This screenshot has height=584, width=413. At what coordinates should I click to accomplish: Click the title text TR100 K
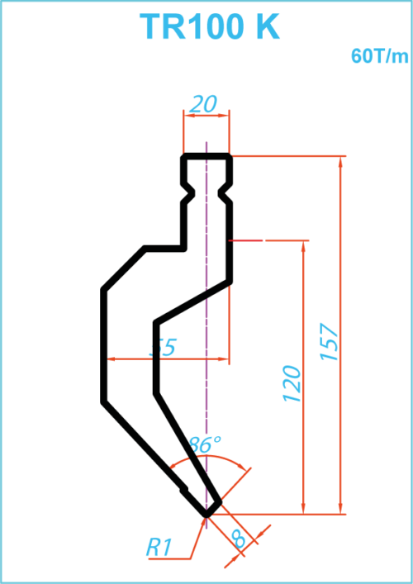(210, 26)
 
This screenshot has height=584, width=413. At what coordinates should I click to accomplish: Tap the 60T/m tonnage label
(379, 57)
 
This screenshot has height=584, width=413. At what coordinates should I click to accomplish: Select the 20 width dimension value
(202, 105)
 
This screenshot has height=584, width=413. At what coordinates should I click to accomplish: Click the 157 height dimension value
(330, 342)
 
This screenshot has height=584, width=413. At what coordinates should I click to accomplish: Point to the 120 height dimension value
(292, 384)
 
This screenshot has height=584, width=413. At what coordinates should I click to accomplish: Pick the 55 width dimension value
(163, 348)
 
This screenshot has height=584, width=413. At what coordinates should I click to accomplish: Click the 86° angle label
(204, 444)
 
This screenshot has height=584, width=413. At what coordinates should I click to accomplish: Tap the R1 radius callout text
(159, 548)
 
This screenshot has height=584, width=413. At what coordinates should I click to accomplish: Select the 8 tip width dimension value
(239, 539)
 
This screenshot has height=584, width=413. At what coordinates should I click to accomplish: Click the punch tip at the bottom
(206, 514)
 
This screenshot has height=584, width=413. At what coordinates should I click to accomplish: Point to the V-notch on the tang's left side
(188, 193)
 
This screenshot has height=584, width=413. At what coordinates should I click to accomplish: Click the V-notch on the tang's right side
(225, 193)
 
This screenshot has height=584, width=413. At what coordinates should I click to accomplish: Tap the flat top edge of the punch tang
(206, 156)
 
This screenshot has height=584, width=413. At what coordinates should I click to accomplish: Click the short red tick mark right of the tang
(245, 240)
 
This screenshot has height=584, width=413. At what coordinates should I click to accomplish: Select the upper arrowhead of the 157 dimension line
(340, 163)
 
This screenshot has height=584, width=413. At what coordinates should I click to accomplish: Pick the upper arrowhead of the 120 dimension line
(303, 247)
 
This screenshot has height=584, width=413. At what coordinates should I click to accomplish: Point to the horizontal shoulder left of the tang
(164, 249)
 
